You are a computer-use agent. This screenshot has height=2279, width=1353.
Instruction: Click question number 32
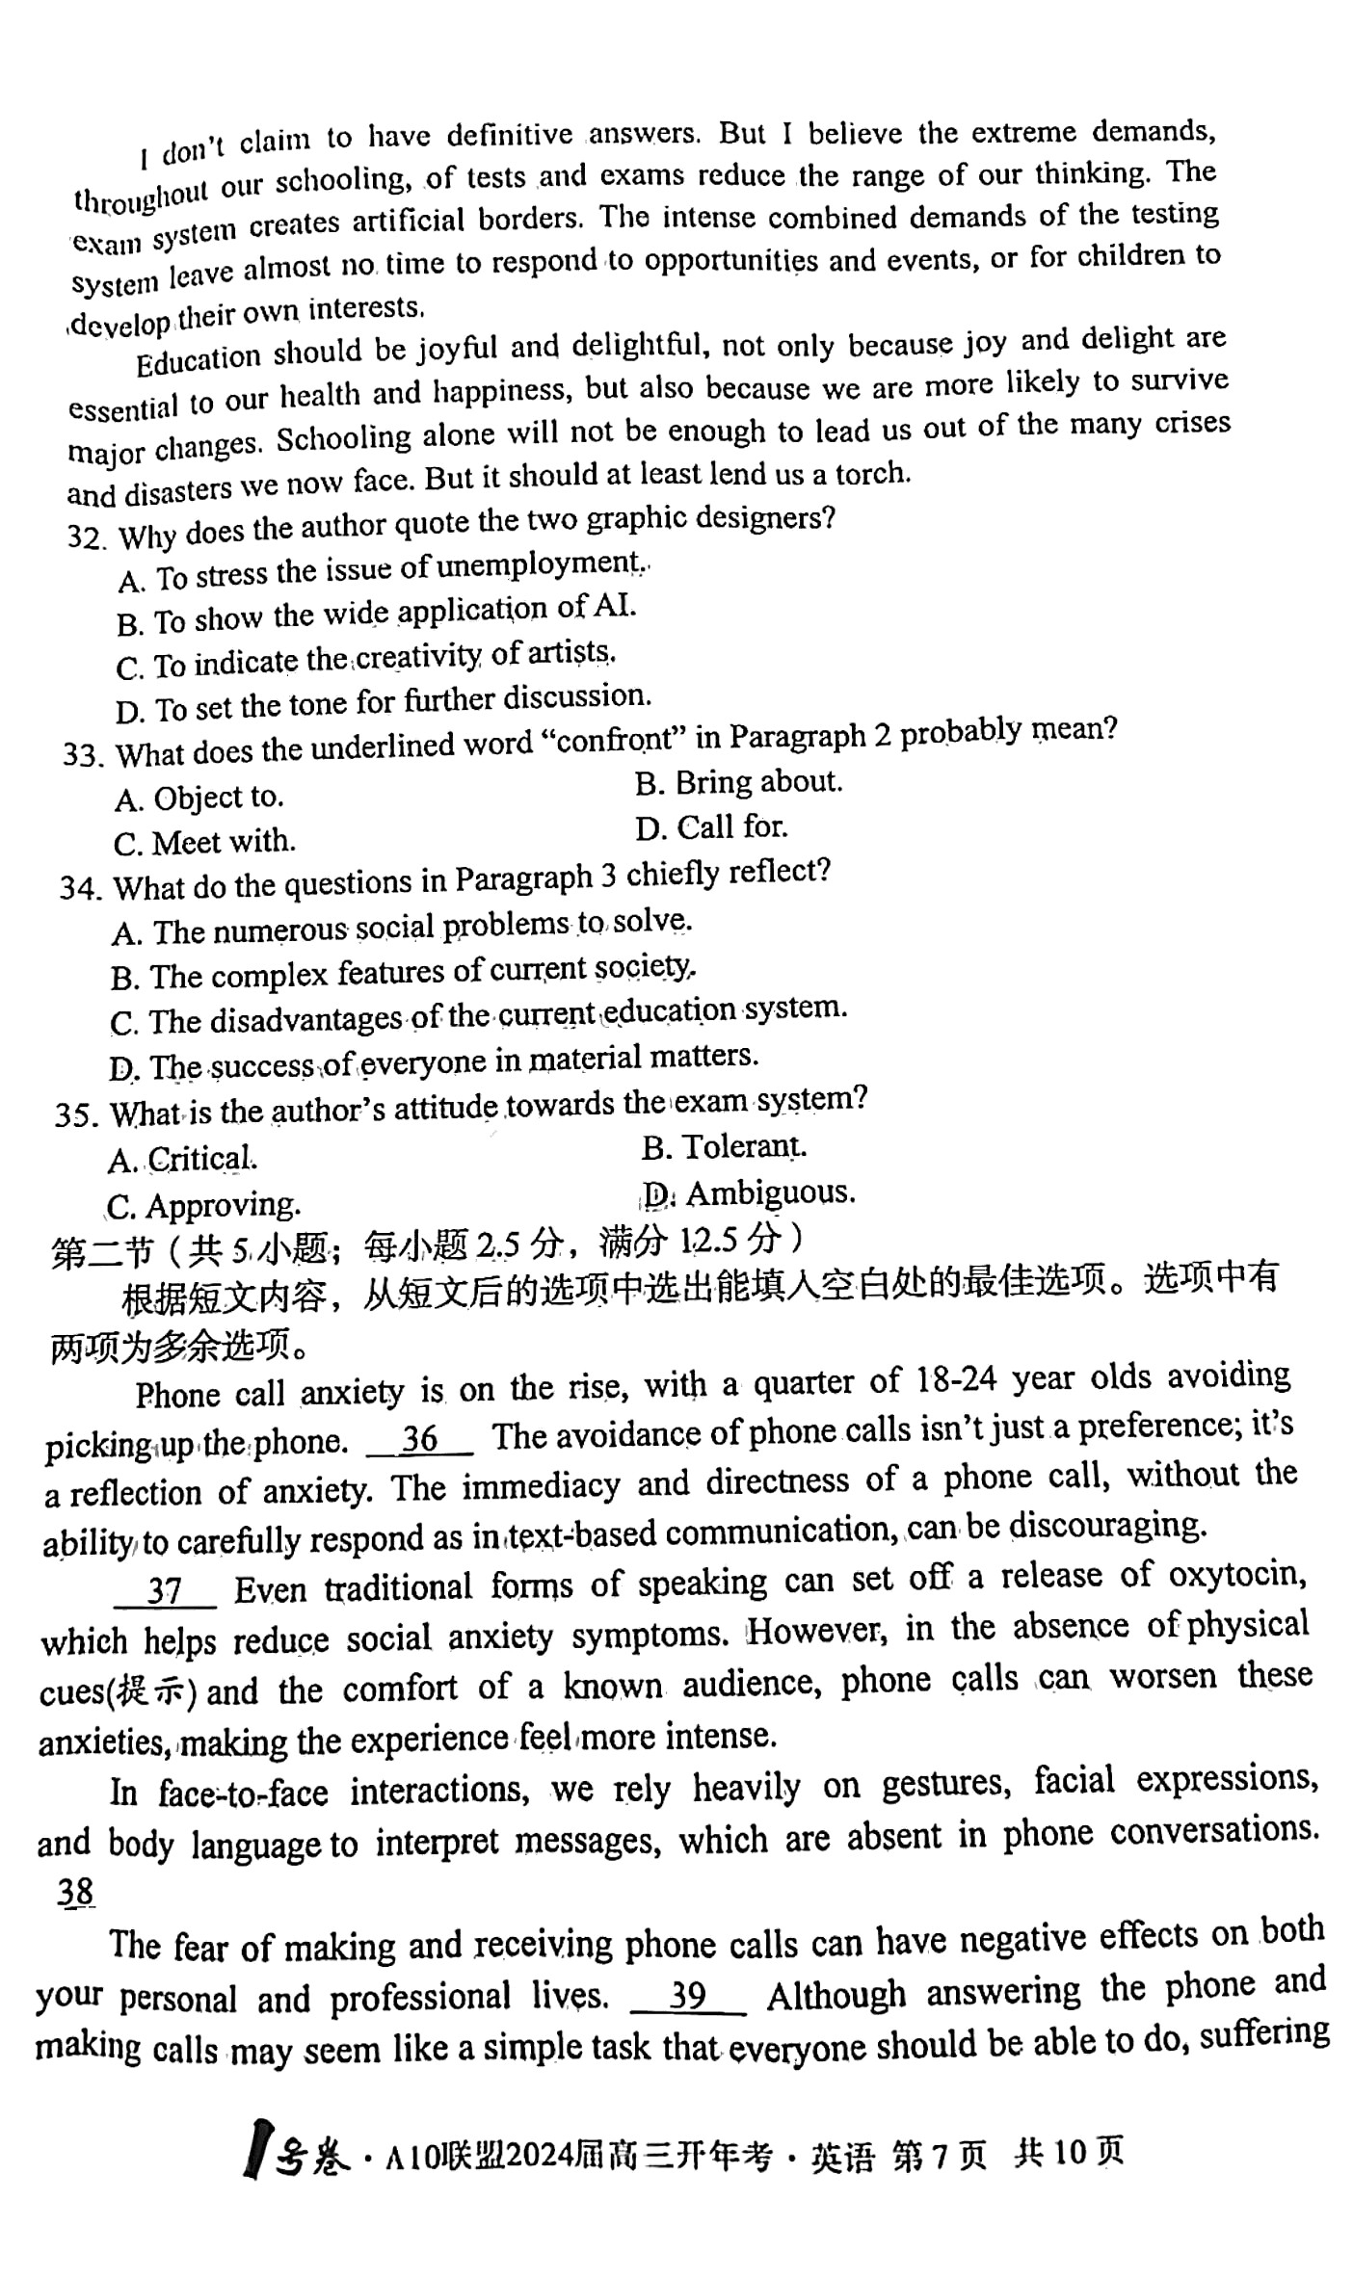point(84,536)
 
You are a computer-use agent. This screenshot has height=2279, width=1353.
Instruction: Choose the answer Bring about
point(738,782)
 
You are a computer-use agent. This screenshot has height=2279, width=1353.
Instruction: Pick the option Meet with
point(204,843)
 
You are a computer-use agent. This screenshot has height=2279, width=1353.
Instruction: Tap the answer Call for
point(711,827)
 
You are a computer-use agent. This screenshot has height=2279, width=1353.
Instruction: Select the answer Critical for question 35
point(182,1159)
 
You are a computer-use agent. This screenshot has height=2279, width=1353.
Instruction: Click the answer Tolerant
point(724,1147)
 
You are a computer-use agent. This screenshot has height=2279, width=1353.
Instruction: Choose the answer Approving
point(203,1205)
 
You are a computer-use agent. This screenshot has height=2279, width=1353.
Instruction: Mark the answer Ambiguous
point(749,1193)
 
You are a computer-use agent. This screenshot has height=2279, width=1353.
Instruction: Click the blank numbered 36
point(420,1438)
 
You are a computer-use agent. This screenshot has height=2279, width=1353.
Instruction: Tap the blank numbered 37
point(165,1588)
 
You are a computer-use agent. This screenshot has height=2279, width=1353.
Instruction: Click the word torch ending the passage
point(871,473)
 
